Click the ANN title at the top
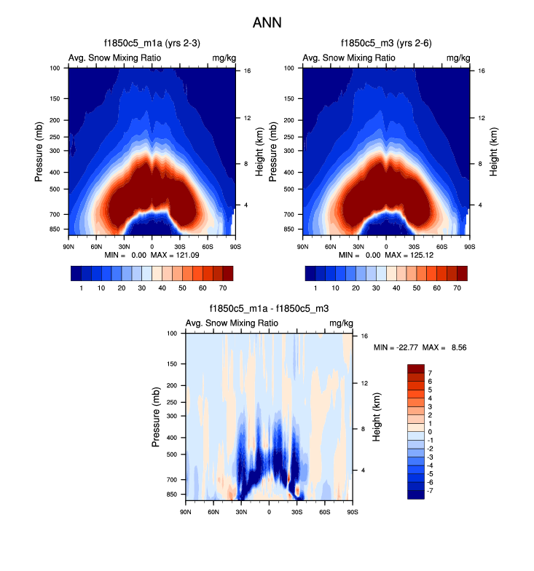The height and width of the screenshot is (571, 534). click(267, 23)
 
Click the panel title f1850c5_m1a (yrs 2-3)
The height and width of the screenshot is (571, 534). click(152, 44)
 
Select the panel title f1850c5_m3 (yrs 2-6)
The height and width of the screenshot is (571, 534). click(385, 44)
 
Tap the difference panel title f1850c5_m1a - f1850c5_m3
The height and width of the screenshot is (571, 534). click(269, 310)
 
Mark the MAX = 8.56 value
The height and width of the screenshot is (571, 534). click(445, 347)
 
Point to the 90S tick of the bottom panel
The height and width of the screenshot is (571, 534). click(352, 512)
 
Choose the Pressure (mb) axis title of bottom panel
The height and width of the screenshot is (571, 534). click(157, 416)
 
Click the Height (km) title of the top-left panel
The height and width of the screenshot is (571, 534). click(259, 151)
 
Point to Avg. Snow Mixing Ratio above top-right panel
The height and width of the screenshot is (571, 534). click(350, 58)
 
